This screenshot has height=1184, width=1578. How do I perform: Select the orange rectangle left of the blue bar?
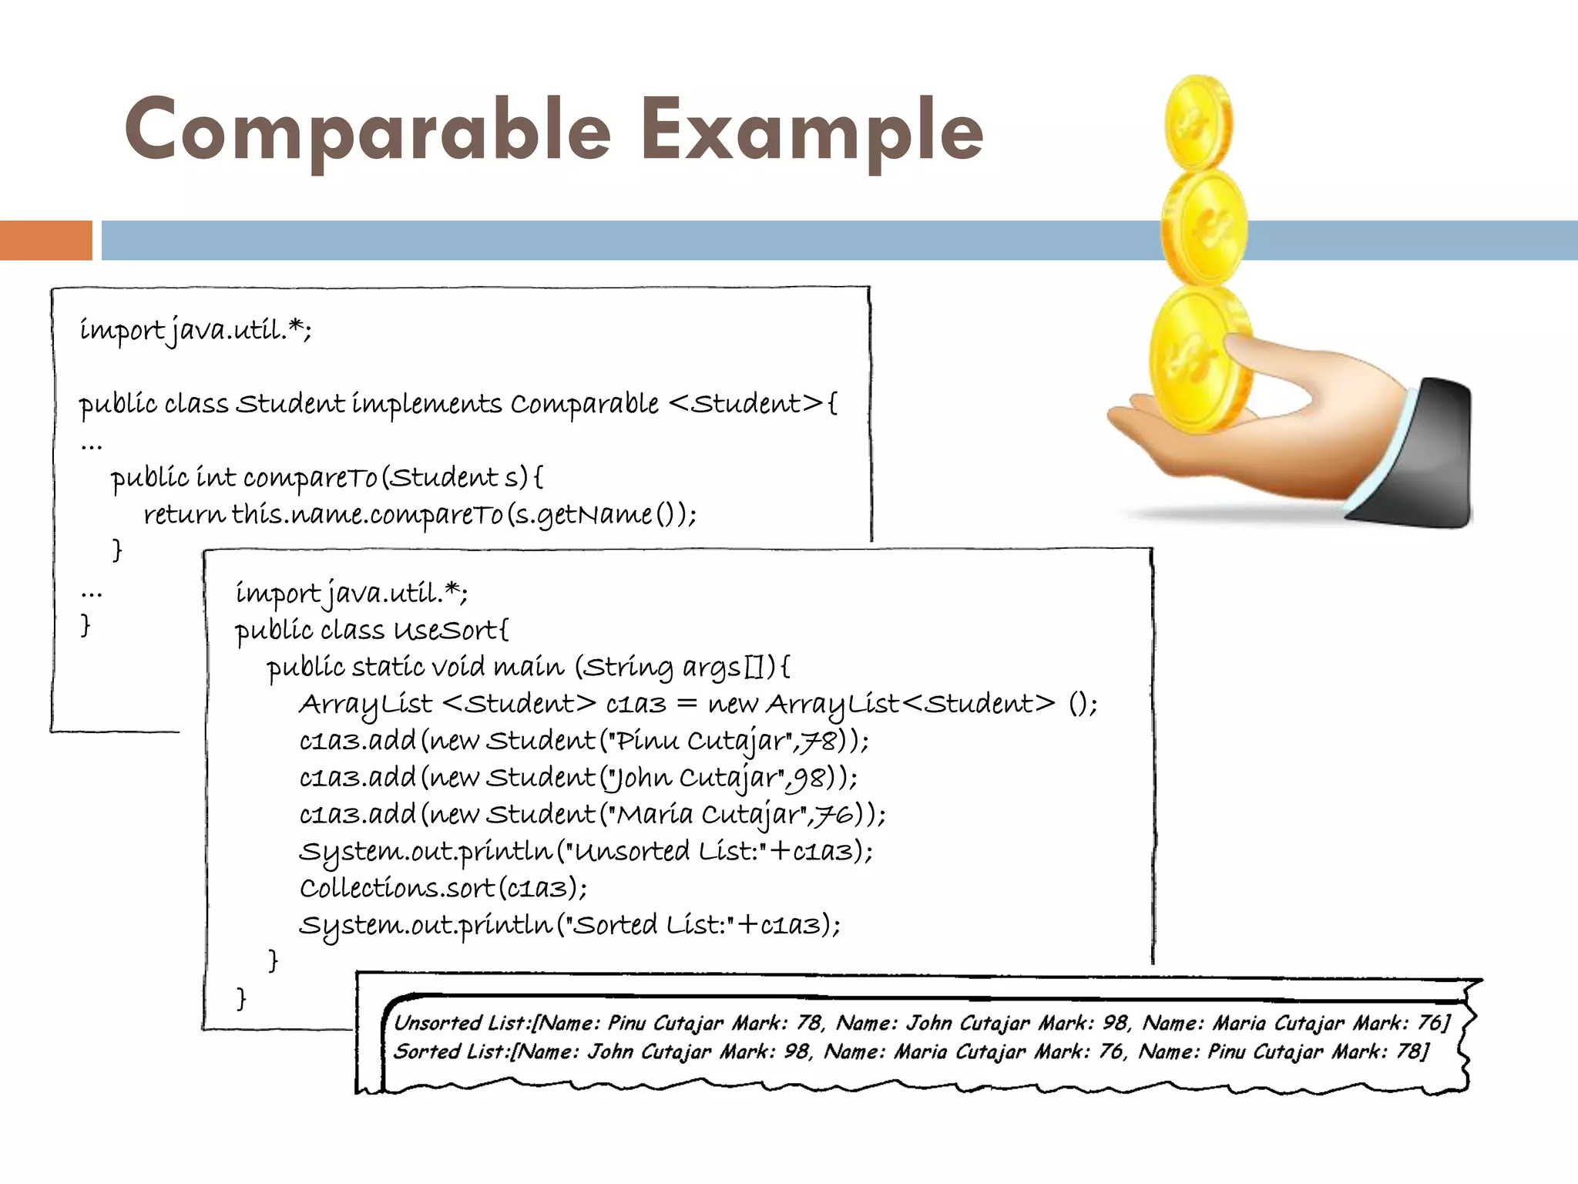coord(45,240)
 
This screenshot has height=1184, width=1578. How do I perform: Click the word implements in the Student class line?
coord(427,404)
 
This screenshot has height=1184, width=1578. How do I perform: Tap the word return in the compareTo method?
coord(184,514)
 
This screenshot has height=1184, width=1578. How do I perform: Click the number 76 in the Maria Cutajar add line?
coord(835,814)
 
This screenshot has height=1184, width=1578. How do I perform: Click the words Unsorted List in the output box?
coord(462,1023)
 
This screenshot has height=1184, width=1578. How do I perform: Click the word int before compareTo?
coord(216,478)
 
